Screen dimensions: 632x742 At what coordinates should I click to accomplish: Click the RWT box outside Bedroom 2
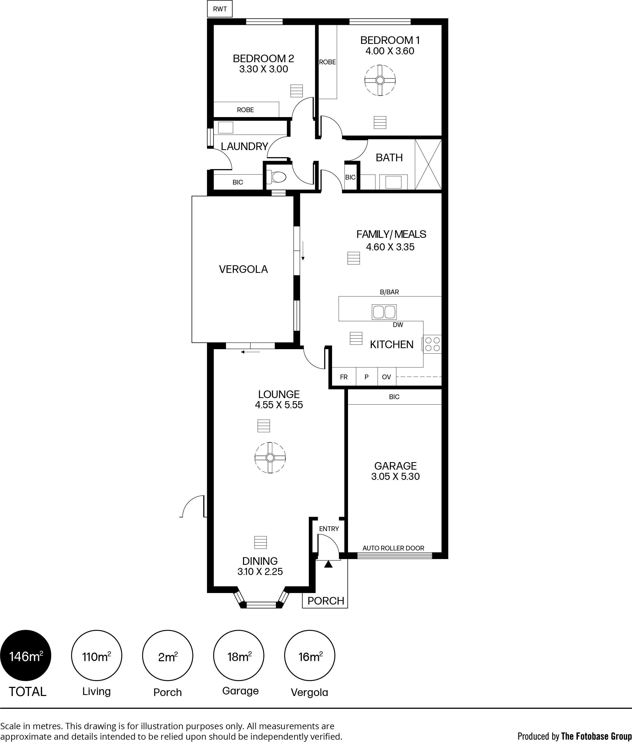coord(219,9)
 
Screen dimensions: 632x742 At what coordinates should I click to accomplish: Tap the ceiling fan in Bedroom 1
coord(380,80)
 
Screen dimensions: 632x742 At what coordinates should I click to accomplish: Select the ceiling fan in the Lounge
coord(270,458)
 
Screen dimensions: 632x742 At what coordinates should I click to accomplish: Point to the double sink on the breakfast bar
coord(384,312)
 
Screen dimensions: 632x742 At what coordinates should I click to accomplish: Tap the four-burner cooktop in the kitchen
coord(432,344)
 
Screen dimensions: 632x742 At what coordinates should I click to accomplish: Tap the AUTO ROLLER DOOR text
coord(393,548)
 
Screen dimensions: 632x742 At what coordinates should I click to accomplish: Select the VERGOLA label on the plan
coord(243,269)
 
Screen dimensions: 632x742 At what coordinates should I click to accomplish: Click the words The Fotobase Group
coord(596,733)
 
